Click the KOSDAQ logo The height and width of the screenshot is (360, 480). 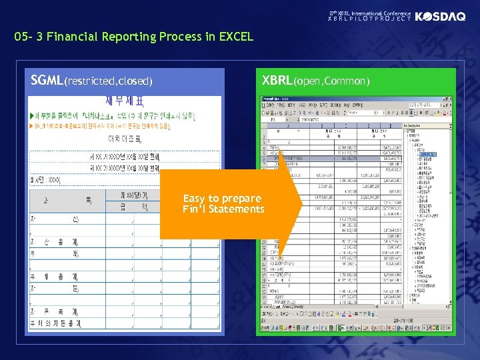click(440, 17)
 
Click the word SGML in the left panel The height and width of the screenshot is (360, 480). click(47, 81)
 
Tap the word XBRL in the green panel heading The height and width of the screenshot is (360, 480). click(277, 81)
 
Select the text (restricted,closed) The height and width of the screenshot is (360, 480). click(109, 81)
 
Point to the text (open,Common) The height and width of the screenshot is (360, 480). click(331, 81)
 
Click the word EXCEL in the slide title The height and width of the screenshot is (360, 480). click(233, 37)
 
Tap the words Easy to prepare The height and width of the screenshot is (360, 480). click(222, 198)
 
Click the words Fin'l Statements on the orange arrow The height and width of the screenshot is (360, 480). click(223, 209)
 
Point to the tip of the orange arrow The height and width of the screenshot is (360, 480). click(300, 204)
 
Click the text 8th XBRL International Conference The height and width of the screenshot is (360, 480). click(370, 13)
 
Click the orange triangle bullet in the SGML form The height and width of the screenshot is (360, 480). click(32, 125)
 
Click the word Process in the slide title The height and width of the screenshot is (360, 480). click(183, 37)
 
